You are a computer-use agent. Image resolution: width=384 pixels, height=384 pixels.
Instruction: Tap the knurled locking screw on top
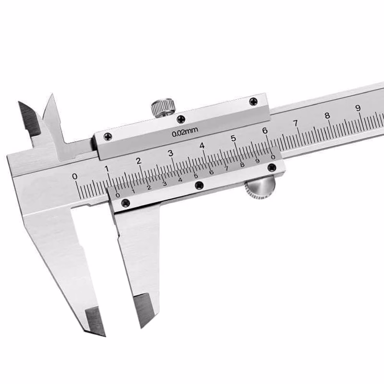163,107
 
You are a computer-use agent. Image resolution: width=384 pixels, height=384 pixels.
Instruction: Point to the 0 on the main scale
75,176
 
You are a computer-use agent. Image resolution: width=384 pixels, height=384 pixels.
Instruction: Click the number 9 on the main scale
358,108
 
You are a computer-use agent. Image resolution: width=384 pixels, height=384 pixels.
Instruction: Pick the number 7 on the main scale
296,123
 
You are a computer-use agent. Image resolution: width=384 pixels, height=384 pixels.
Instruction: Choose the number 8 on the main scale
327,116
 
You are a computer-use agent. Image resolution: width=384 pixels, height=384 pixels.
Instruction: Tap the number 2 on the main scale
139,161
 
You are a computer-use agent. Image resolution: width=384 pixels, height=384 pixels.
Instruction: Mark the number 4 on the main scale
202,146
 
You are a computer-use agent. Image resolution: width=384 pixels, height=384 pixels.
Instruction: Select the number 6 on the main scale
265,131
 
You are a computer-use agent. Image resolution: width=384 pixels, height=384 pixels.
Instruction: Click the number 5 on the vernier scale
196,176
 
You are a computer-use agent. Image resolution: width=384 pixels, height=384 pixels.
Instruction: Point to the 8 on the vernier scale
242,165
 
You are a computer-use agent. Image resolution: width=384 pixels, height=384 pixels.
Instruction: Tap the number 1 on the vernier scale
133,191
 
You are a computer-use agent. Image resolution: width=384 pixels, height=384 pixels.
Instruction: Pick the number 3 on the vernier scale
164,184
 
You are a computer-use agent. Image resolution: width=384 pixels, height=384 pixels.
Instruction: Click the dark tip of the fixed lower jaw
94,321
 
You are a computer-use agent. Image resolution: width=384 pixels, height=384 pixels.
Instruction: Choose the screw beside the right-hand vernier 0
271,167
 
